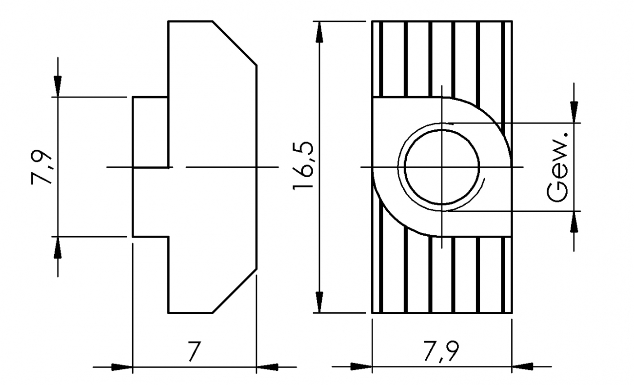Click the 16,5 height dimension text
[304, 167]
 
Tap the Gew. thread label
[557, 166]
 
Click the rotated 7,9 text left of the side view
[41, 166]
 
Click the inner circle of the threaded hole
[442, 167]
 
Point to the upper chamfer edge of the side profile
[235, 42]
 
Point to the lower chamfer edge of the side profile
[235, 291]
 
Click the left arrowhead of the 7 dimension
[122, 367]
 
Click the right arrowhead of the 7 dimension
[267, 367]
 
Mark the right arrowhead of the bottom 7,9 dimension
[522, 367]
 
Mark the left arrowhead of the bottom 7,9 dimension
[361, 367]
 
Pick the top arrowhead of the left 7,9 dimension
[58, 86]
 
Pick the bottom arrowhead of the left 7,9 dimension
[58, 247]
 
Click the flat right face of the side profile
[257, 167]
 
